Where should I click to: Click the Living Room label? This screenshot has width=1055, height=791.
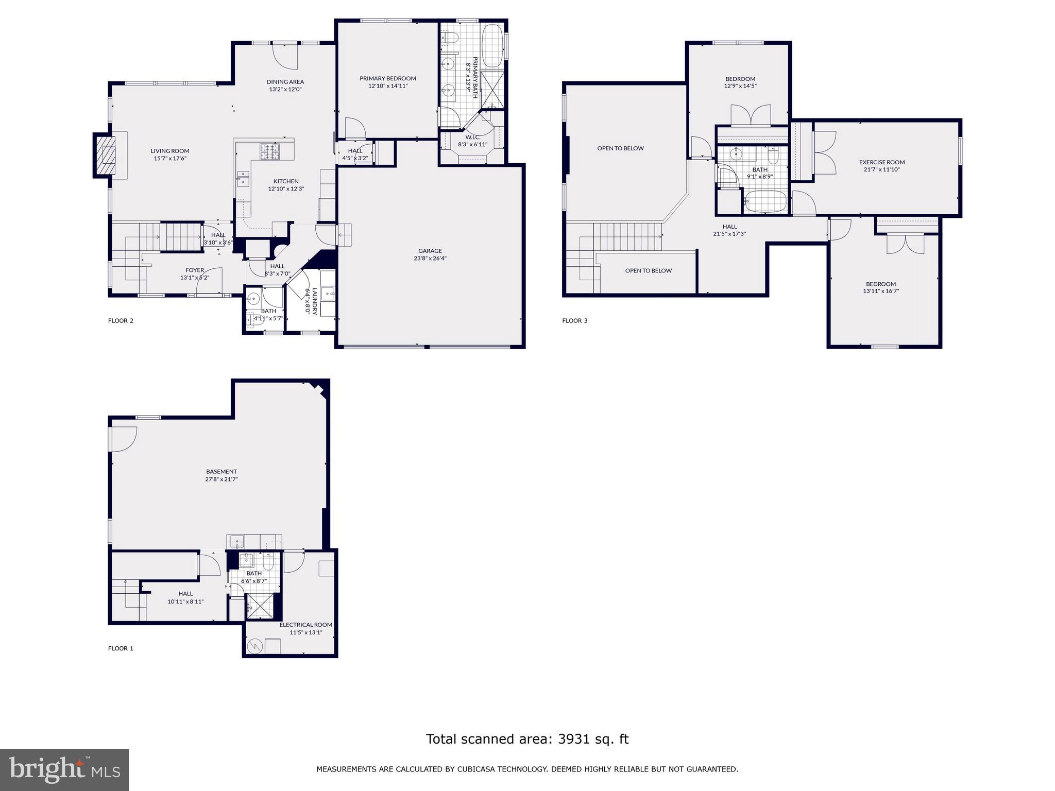point(170,151)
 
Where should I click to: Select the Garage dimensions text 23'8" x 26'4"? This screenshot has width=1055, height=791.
point(430,259)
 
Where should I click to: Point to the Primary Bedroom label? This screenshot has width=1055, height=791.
point(387,78)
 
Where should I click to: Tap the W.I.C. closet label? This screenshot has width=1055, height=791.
point(472,137)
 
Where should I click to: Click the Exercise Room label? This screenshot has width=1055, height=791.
point(881,162)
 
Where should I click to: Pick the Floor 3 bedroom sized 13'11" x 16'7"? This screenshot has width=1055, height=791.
point(880,287)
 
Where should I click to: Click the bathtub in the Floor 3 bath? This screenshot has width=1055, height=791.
point(765,202)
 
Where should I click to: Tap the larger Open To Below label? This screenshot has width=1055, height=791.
point(620,148)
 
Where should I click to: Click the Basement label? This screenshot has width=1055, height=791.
point(222,472)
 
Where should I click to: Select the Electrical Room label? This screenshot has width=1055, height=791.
point(305,625)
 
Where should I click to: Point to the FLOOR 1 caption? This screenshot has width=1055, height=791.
point(121,648)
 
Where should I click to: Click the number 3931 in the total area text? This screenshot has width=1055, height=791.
point(570,739)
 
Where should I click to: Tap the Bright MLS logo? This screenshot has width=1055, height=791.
point(64,770)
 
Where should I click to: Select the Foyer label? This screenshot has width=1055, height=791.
point(195,270)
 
